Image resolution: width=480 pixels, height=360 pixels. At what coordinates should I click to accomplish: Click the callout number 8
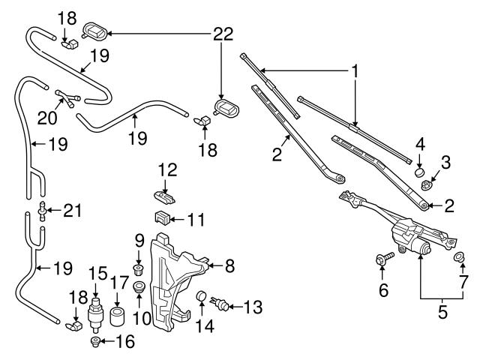pyautogui.click(x=231, y=264)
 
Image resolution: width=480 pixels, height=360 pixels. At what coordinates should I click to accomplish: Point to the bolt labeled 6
pyautogui.click(x=382, y=260)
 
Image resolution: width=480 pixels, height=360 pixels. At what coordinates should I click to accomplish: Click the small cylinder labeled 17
pyautogui.click(x=117, y=313)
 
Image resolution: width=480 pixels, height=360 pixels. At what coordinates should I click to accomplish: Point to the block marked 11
pyautogui.click(x=160, y=219)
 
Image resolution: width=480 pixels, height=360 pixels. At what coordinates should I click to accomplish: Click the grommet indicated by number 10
pyautogui.click(x=139, y=289)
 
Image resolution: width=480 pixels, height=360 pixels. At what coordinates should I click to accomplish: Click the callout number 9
pyautogui.click(x=137, y=241)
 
